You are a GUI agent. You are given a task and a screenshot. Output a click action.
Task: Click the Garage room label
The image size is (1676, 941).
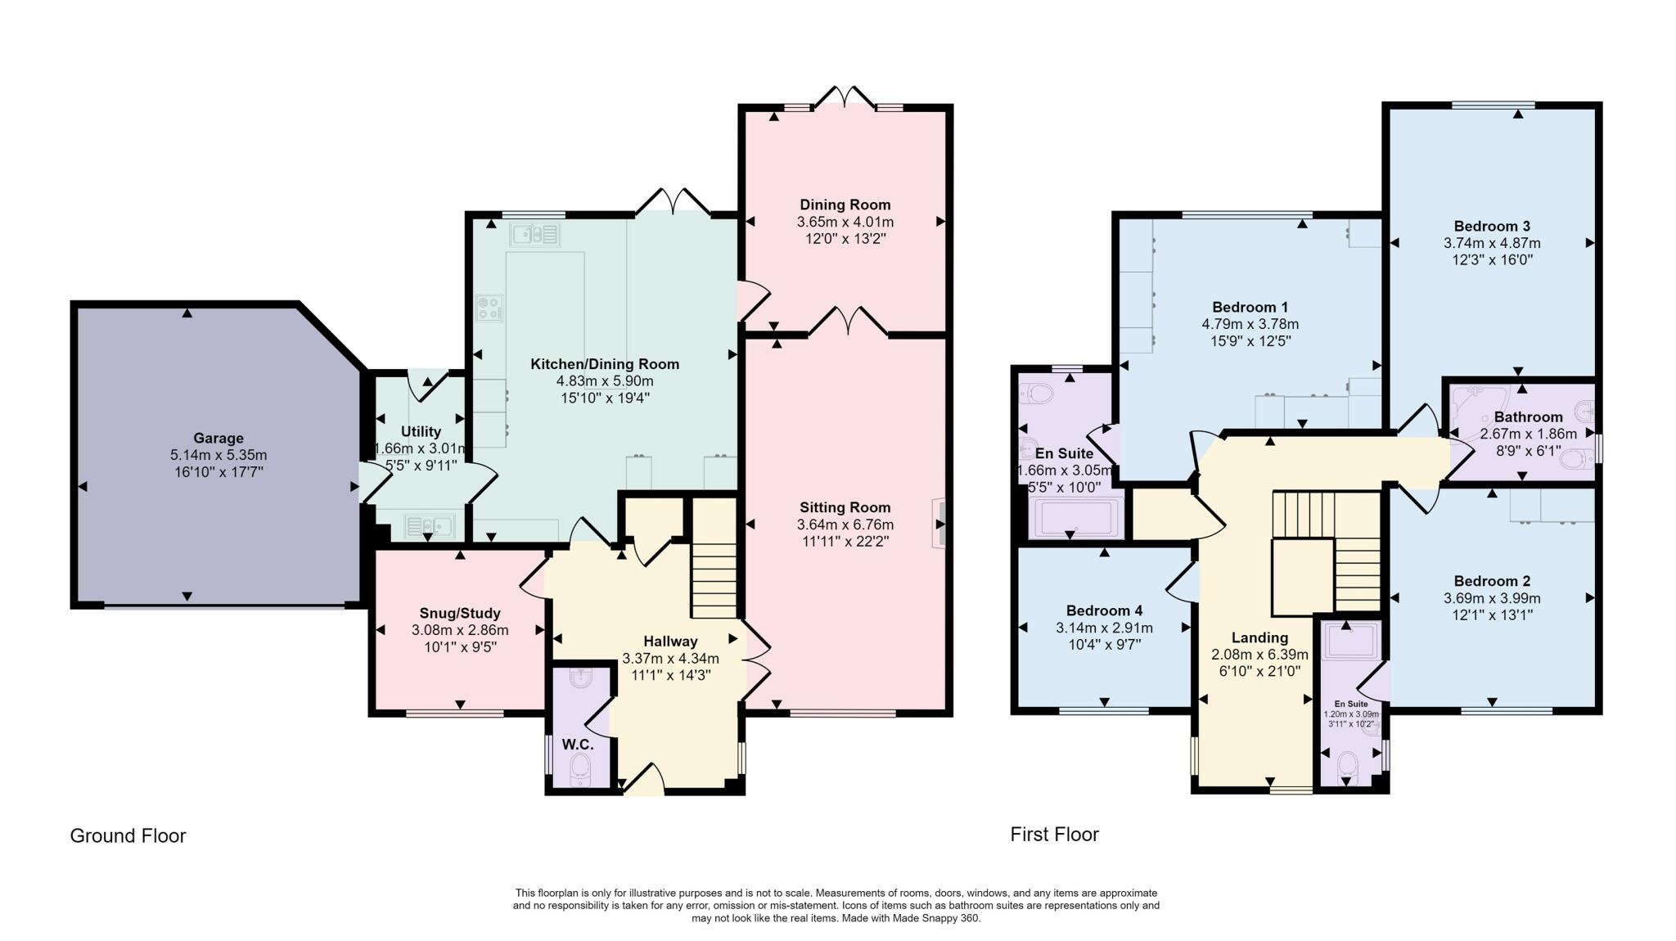point(219,438)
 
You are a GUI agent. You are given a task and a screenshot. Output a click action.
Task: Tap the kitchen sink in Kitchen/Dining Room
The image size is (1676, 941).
point(534,236)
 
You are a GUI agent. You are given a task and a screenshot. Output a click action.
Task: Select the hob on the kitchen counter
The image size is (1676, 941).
point(489,308)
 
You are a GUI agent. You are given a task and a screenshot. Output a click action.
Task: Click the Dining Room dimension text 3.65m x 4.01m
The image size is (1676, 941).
point(845,222)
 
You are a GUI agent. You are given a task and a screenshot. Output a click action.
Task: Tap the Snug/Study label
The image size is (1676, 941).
point(459,613)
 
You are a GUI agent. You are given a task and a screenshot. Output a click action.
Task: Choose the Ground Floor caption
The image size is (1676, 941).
point(128,835)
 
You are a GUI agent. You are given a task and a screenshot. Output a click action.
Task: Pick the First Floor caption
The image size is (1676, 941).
point(1054,834)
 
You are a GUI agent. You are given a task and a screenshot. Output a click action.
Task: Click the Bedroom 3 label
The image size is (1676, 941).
point(1491,226)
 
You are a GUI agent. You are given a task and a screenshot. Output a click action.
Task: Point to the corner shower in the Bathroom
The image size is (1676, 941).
point(1469,407)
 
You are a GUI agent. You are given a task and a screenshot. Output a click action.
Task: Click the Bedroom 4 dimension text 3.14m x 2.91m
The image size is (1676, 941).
point(1104,628)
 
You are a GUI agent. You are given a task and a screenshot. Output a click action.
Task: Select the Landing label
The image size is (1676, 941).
point(1259,637)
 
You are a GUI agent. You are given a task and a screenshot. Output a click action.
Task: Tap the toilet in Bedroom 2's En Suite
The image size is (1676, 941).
point(1346,765)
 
